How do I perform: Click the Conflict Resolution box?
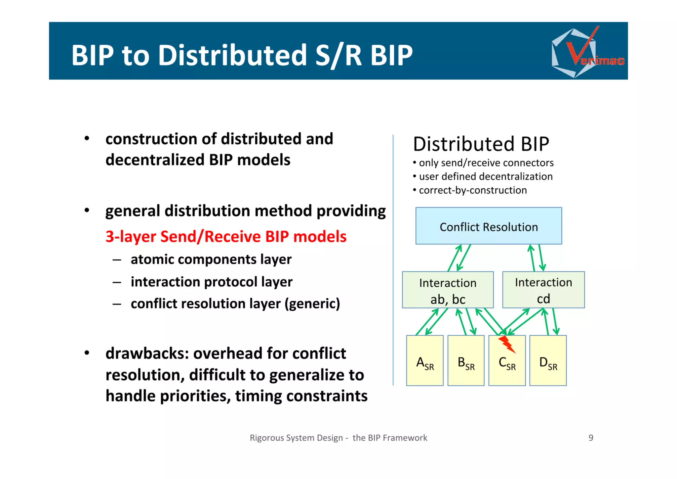(x=488, y=226)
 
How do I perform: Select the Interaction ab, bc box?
(x=448, y=290)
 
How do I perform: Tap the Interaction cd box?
(x=543, y=290)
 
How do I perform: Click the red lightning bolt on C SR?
(x=507, y=344)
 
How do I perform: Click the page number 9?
(x=591, y=438)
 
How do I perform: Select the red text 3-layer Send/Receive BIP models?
(x=226, y=236)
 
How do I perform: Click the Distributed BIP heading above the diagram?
(x=481, y=144)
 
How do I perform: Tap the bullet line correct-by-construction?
(x=472, y=190)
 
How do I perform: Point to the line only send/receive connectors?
(x=486, y=163)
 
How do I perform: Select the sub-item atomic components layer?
(x=211, y=259)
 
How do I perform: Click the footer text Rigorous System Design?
(x=296, y=438)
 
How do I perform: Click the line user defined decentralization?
(x=485, y=176)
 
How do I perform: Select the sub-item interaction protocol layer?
(x=211, y=282)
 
